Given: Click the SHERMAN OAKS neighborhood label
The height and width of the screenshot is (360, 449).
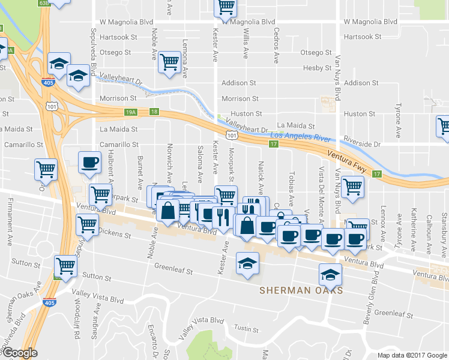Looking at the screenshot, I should click(301, 290).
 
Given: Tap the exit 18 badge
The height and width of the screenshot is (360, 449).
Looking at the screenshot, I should click(155, 112).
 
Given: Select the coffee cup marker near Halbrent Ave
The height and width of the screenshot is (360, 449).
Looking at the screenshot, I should click(90, 162).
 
